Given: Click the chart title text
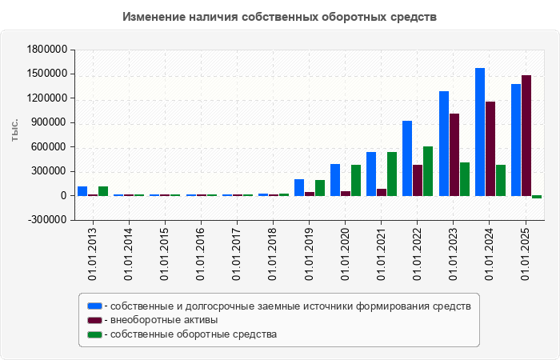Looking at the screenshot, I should (x=280, y=17).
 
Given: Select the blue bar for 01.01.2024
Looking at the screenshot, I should (x=480, y=132).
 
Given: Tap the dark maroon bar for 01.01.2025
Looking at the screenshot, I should (x=526, y=135).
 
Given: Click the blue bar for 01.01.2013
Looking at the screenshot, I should (x=82, y=191).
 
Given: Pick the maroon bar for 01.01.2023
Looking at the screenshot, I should (x=454, y=154).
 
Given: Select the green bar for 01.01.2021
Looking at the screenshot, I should (x=392, y=174).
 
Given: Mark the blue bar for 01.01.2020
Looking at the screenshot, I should (x=335, y=180).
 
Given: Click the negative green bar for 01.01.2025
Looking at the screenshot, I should (x=537, y=197).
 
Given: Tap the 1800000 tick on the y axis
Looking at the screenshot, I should (x=46, y=50).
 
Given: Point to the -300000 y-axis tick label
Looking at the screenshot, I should (x=46, y=220).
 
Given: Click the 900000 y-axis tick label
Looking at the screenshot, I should (x=48, y=122).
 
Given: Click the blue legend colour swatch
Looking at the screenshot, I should (x=95, y=306).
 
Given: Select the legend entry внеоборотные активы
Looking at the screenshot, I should (x=165, y=320).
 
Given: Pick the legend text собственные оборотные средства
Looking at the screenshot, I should (x=194, y=334).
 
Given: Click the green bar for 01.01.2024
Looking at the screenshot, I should (x=501, y=180).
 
